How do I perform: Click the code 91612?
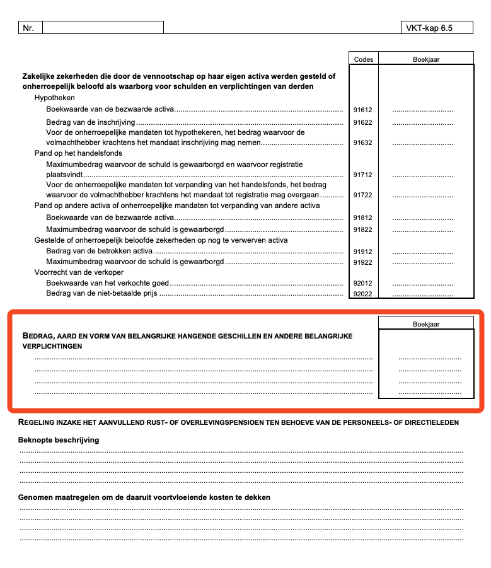[362, 110]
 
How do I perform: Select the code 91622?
[362, 122]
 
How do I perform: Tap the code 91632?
[362, 143]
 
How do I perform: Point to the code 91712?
[362, 175]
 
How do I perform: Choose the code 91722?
[362, 195]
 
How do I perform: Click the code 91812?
[362, 217]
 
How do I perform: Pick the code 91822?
[362, 229]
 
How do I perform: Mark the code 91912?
[362, 252]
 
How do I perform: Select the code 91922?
[362, 262]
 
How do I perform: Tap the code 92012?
[362, 284]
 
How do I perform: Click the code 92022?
[362, 294]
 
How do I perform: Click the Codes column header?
[363, 59]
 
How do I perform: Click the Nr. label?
[28, 28]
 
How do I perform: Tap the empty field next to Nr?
[103, 28]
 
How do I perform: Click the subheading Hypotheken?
[54, 98]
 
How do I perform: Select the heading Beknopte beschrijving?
[59, 440]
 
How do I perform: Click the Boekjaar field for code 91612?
[422, 110]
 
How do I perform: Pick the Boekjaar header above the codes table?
[426, 59]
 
